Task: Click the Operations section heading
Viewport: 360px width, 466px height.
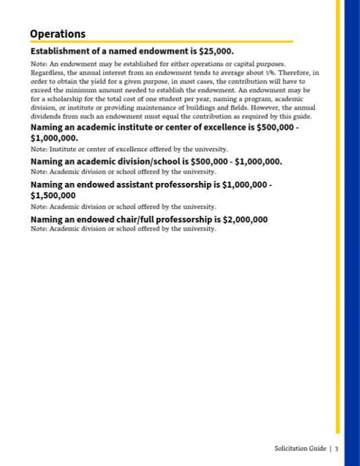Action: click(x=58, y=34)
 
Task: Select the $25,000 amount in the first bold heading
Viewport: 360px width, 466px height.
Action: click(x=215, y=51)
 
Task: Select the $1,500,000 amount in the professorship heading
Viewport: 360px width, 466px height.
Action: click(x=53, y=195)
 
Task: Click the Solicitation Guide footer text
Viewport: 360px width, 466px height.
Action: click(x=300, y=448)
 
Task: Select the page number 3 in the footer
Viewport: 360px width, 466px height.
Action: click(x=336, y=448)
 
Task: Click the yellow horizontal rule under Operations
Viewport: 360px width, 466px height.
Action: click(x=161, y=42)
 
